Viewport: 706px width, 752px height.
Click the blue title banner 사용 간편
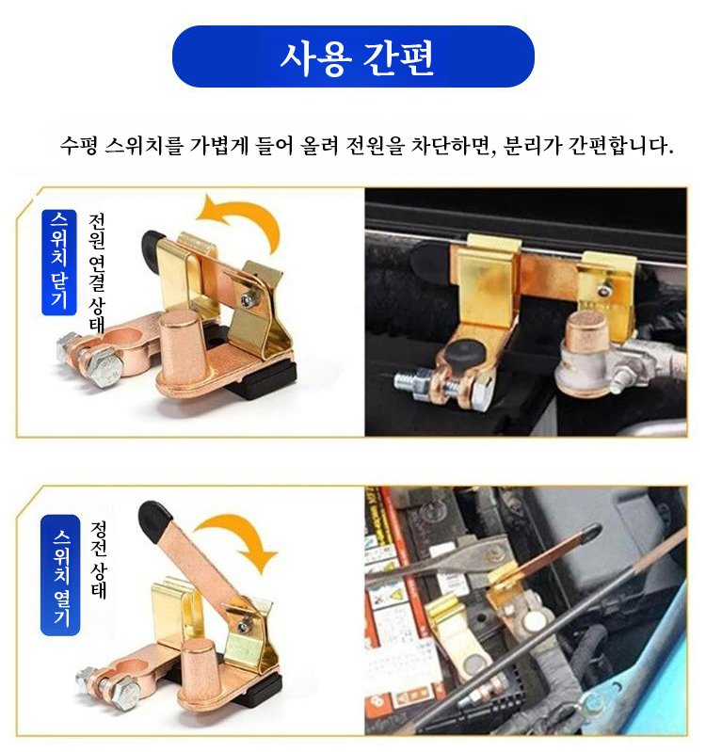click(x=354, y=56)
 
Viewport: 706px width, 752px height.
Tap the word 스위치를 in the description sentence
click(x=144, y=145)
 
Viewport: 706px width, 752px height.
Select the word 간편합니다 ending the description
click(x=620, y=145)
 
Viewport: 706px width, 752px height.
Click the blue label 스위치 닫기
click(x=59, y=262)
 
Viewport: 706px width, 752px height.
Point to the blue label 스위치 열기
click(x=60, y=575)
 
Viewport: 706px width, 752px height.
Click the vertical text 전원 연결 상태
click(x=96, y=273)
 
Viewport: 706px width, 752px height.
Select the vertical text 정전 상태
click(x=98, y=560)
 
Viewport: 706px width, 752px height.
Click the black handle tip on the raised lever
click(x=154, y=520)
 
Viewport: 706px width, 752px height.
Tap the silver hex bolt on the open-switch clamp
click(x=126, y=692)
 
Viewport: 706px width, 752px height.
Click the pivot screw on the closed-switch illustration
click(x=248, y=300)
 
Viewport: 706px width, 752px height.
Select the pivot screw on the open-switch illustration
click(x=245, y=625)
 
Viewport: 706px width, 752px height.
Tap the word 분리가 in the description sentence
click(x=532, y=145)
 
